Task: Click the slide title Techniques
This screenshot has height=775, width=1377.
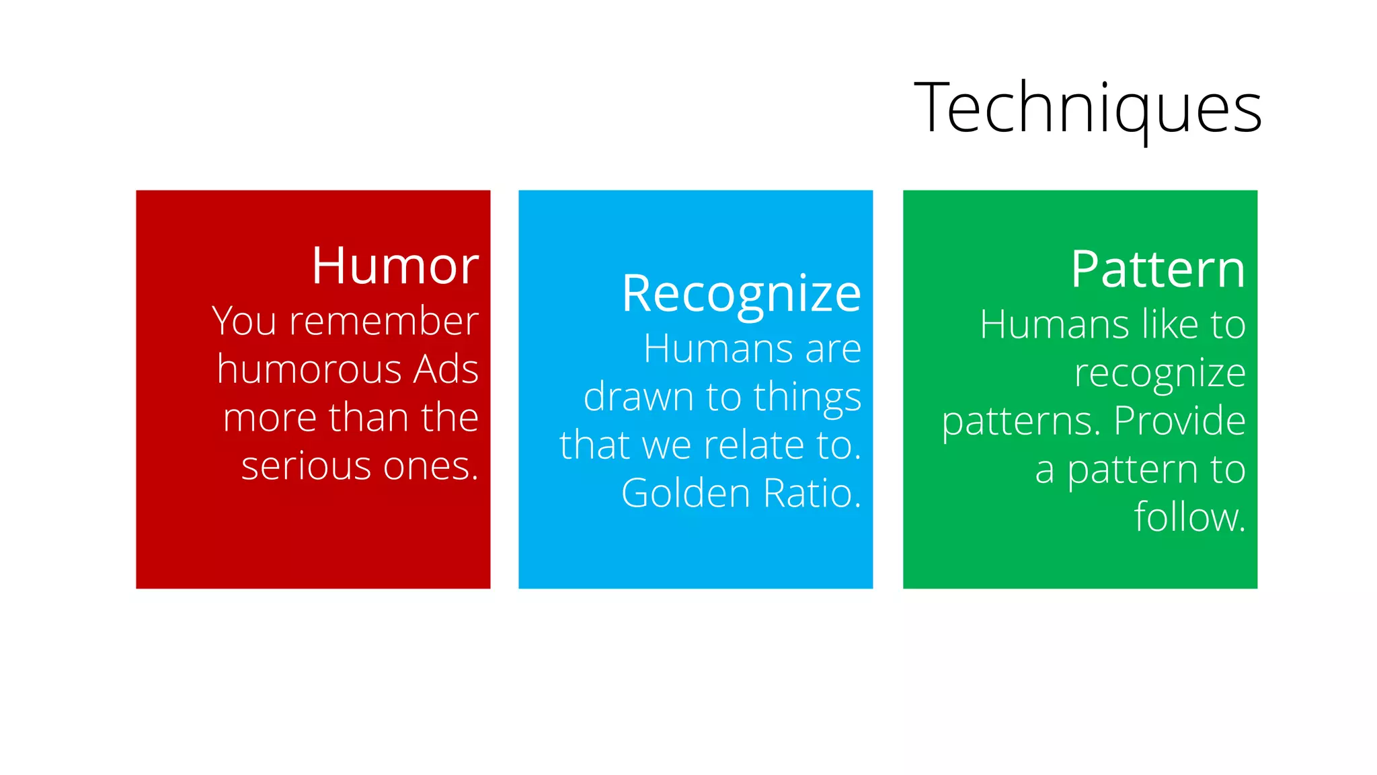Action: click(1087, 108)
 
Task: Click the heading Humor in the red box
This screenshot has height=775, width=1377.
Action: click(395, 266)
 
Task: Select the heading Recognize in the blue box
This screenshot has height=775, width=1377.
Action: click(741, 294)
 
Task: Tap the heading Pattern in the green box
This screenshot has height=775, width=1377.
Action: click(1158, 269)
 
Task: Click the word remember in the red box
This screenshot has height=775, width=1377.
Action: click(383, 321)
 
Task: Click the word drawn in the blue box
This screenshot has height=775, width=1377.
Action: click(638, 397)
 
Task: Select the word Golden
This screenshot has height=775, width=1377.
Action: click(686, 493)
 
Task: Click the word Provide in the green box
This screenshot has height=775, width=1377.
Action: click(1179, 421)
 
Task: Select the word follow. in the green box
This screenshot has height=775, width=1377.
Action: click(1189, 517)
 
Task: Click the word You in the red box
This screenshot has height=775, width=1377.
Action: click(244, 321)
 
